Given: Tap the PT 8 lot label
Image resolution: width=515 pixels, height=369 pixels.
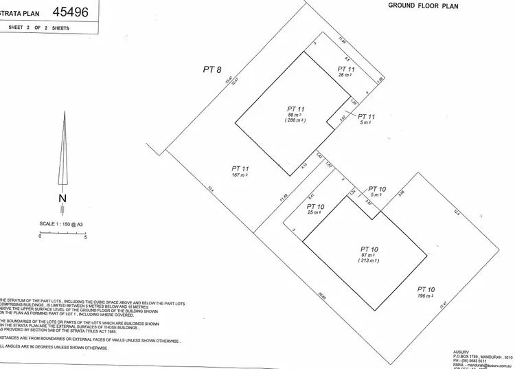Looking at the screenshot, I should (x=212, y=69).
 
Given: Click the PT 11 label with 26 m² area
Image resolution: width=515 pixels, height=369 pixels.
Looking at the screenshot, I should (x=347, y=69).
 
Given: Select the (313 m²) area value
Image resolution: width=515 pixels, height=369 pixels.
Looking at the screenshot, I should (x=369, y=262).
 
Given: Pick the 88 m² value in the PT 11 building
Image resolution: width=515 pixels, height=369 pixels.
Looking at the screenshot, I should (x=295, y=114).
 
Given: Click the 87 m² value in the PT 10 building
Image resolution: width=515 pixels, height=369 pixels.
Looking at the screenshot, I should (x=369, y=256).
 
